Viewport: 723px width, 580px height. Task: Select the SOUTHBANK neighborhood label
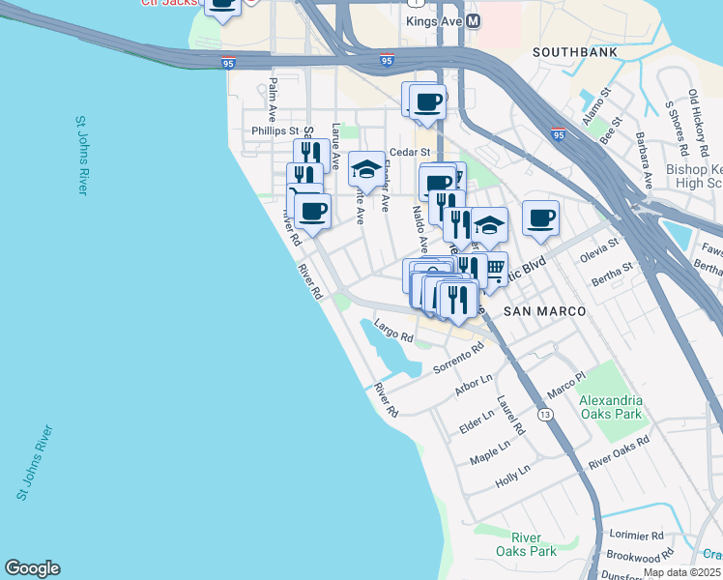pyautogui.click(x=570, y=50)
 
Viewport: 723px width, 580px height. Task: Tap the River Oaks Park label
pyautogui.click(x=534, y=544)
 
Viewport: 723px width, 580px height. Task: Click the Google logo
pyautogui.click(x=32, y=568)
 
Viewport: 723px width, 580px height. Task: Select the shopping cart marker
pyautogui.click(x=493, y=268)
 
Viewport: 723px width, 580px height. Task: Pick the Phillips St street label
pyautogui.click(x=275, y=130)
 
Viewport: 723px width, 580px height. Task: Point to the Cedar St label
pyautogui.click(x=409, y=153)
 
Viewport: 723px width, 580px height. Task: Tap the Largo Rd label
pyautogui.click(x=393, y=333)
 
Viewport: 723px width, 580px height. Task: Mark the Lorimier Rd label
pyautogui.click(x=636, y=535)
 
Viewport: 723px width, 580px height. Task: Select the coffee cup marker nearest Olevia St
pyautogui.click(x=541, y=216)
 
